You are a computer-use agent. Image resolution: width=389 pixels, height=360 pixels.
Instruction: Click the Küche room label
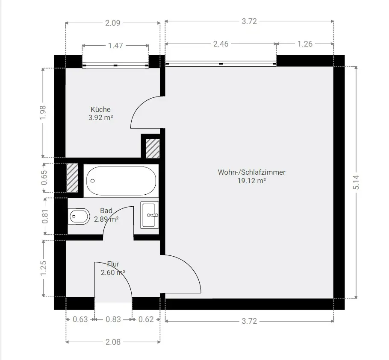(100, 109)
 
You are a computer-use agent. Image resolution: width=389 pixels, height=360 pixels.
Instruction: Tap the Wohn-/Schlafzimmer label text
(251, 172)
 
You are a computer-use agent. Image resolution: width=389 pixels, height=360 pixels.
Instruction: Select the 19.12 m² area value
(251, 181)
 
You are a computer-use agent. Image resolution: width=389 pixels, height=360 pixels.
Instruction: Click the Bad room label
(106, 211)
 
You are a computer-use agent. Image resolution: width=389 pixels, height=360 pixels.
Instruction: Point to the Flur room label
(113, 264)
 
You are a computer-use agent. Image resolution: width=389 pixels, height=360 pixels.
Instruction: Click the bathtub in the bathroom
(121, 181)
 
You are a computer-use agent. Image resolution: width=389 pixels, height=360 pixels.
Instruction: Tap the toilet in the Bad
(79, 216)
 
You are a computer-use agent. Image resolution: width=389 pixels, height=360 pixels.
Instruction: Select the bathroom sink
(150, 215)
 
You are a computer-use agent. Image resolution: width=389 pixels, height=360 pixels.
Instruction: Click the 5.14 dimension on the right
(356, 182)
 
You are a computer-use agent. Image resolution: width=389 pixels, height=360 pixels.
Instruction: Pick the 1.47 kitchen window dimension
(115, 46)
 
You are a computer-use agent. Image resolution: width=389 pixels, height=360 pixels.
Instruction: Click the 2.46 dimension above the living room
(221, 44)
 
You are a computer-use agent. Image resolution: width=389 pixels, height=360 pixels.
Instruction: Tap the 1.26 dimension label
(305, 44)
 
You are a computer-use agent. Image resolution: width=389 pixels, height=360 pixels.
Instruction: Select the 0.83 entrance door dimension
(113, 319)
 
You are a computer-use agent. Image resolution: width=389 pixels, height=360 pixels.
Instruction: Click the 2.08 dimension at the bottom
(113, 342)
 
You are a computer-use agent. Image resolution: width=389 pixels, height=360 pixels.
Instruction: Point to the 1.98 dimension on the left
(43, 112)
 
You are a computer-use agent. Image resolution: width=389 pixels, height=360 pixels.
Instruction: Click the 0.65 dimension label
(44, 178)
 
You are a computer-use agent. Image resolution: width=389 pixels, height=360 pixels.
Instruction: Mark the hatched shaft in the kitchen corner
(153, 149)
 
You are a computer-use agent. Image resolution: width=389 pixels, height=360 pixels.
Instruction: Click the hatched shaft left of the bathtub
(72, 177)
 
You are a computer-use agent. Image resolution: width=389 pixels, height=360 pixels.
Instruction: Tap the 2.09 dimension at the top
(112, 23)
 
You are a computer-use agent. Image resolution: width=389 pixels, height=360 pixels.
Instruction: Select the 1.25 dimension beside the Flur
(43, 268)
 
